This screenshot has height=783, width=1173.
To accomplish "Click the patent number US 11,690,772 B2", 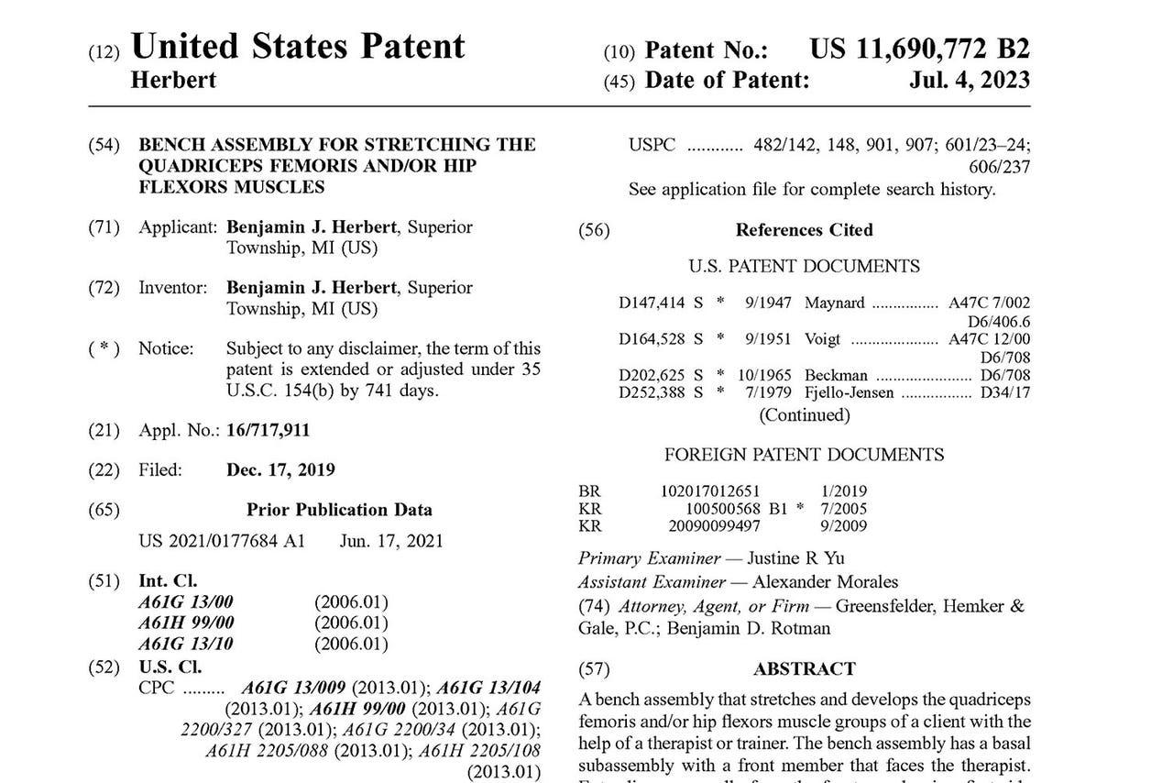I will click(x=919, y=50).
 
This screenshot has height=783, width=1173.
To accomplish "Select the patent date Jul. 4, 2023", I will click(x=969, y=81).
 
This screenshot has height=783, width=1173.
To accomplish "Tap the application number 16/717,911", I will click(x=269, y=430).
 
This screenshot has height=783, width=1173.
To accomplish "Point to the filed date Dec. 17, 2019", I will click(x=280, y=470).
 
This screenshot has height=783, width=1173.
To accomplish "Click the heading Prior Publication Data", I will click(x=339, y=510).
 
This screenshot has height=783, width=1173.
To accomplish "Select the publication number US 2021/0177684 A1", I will click(x=222, y=541).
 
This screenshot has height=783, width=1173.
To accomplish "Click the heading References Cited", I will click(x=804, y=230).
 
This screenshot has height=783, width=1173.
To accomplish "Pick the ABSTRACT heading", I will click(x=804, y=669).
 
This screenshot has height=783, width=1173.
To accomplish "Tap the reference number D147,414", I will click(x=652, y=303).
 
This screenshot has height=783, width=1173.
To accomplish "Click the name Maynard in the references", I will click(x=834, y=303).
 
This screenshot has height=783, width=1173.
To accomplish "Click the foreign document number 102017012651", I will click(x=710, y=491).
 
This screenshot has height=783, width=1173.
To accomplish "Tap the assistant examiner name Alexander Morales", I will click(x=826, y=582).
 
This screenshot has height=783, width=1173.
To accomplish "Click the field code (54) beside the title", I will click(x=104, y=145).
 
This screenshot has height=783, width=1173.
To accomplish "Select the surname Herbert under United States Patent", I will click(x=173, y=81).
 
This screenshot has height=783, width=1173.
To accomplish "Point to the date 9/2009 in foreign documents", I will click(x=844, y=526).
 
